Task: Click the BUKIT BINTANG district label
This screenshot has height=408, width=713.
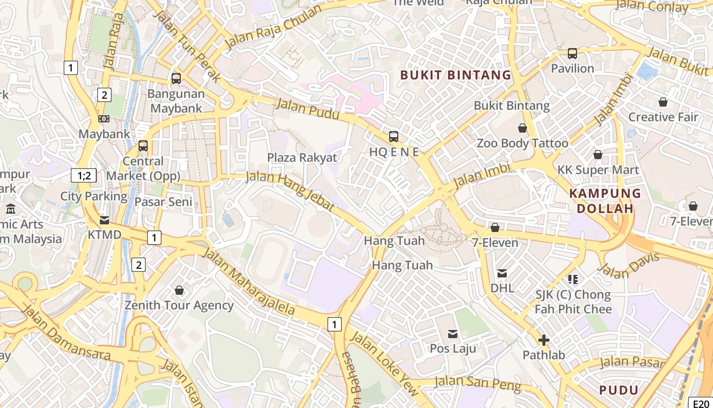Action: [x=455, y=75]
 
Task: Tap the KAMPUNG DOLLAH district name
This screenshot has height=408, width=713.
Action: [x=605, y=200]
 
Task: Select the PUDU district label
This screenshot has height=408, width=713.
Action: [x=619, y=390]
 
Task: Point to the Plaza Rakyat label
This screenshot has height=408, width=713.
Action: [x=302, y=158]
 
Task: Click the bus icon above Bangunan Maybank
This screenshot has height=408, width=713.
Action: [x=176, y=79]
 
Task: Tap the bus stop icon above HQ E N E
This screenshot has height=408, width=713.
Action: [x=394, y=137]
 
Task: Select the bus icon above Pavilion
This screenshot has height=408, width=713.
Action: [x=572, y=54]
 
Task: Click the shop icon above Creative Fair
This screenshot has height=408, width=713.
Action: [x=663, y=103]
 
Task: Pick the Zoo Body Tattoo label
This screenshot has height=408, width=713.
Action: [x=522, y=143]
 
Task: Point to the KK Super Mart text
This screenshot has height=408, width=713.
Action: [x=598, y=170]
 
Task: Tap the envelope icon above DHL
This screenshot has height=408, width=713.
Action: [x=502, y=273]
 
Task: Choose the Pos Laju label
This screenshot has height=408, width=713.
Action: [x=453, y=348]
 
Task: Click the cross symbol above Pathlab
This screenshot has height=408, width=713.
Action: [x=543, y=340]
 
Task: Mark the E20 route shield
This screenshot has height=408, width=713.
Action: [x=701, y=402]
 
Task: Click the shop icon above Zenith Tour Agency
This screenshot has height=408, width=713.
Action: [x=179, y=291]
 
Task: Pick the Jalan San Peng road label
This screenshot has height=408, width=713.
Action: [x=478, y=383]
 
